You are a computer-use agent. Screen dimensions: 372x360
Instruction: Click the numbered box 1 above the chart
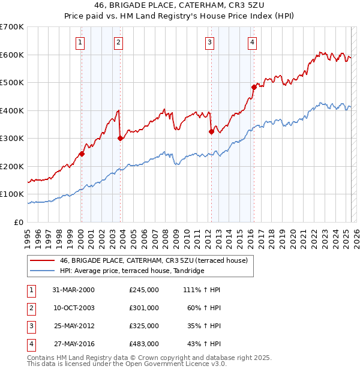[80, 42]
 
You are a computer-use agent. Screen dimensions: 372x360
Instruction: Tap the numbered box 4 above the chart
[253, 42]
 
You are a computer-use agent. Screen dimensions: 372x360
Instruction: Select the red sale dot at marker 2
[120, 138]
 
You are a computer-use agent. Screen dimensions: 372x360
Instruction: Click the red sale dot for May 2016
[254, 87]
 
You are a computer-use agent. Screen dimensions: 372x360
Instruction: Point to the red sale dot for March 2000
[82, 154]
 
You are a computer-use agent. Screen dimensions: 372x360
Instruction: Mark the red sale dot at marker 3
[211, 131]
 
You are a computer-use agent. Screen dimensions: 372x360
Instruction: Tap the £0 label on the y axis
[19, 222]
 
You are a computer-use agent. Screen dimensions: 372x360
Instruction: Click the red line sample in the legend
[42, 260]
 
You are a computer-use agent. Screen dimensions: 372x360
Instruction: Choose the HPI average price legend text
[132, 271]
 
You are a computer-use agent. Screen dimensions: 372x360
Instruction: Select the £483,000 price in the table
[144, 344]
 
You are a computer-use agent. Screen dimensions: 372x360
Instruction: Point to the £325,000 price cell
[144, 326]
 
